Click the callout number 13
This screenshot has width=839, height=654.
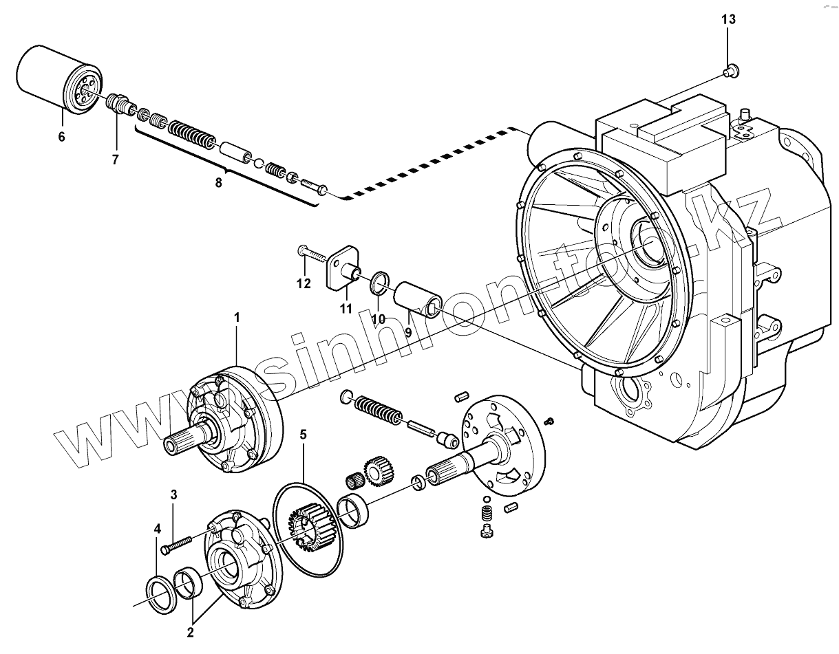point(728,19)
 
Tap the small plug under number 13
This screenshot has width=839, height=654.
point(731,69)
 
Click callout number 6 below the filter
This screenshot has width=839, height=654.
point(61,136)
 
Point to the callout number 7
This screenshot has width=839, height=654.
point(115,160)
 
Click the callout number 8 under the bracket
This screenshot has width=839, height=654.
point(219,183)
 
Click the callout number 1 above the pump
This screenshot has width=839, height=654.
point(237,317)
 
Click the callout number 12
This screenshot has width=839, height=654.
point(304,283)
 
